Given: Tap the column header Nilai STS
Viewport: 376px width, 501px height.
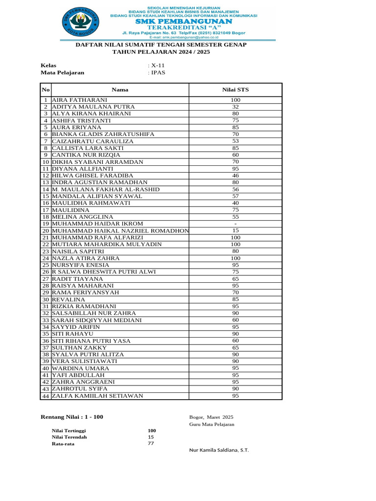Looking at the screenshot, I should click(235, 90).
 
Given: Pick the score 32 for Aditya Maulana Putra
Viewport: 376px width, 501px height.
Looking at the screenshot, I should click(235, 107).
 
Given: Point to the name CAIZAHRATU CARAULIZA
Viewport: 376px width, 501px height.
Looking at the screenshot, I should click(93, 141).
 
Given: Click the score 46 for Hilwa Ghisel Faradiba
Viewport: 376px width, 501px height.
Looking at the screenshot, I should click(235, 175).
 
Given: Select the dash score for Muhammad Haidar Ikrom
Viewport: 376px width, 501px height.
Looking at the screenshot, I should click(235, 224).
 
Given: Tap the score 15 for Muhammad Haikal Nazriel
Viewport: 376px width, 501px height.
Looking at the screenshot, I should click(235, 230).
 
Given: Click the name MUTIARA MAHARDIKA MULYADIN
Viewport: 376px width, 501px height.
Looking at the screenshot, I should click(107, 244).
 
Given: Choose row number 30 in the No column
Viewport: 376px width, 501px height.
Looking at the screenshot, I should click(46, 299).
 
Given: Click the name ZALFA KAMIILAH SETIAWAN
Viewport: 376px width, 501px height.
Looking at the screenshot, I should click(97, 396).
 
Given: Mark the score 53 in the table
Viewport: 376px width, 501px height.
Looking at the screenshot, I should click(235, 141).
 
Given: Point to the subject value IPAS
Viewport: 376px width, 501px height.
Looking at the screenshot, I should click(158, 72).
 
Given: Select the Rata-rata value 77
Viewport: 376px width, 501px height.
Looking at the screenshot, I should click(151, 443).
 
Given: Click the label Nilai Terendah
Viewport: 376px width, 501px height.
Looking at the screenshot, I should click(70, 437).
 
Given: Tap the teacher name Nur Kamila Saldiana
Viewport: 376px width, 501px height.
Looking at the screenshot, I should click(219, 450).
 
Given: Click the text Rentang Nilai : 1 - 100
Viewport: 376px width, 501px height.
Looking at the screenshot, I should click(71, 417).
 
